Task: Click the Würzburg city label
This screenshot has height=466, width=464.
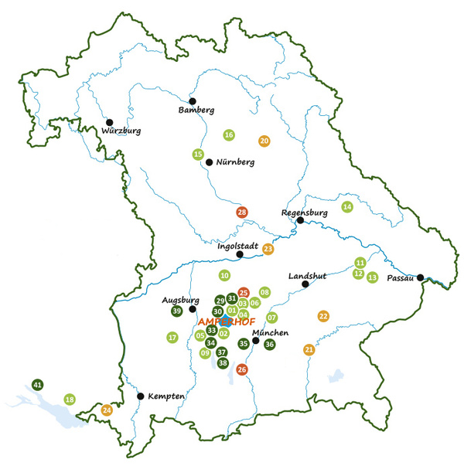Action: pos(120,131)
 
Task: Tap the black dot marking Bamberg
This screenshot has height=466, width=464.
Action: pos(193,100)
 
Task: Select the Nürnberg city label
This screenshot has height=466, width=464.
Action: pos(235,163)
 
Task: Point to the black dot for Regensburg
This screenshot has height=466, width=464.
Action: pos(300,220)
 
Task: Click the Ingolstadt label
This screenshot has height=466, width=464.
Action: pos(236,246)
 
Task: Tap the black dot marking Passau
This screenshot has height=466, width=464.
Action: pos(421,278)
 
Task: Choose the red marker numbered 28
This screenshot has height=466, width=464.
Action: pos(242,213)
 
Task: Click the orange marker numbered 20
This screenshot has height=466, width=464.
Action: pos(264,141)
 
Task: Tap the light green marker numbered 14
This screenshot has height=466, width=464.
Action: pos(347,207)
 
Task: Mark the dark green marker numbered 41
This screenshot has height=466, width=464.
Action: pos(38,384)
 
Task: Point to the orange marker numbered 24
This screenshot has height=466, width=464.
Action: pos(107,410)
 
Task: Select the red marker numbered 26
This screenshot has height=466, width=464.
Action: pos(242,369)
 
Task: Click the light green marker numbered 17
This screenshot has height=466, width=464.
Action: pos(172,337)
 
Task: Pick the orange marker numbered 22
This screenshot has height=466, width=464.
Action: pos(323,316)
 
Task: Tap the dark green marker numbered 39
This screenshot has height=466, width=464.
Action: pos(176,311)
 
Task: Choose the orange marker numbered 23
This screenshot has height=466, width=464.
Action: pos(268,249)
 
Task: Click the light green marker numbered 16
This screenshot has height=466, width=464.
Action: pos(229,135)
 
